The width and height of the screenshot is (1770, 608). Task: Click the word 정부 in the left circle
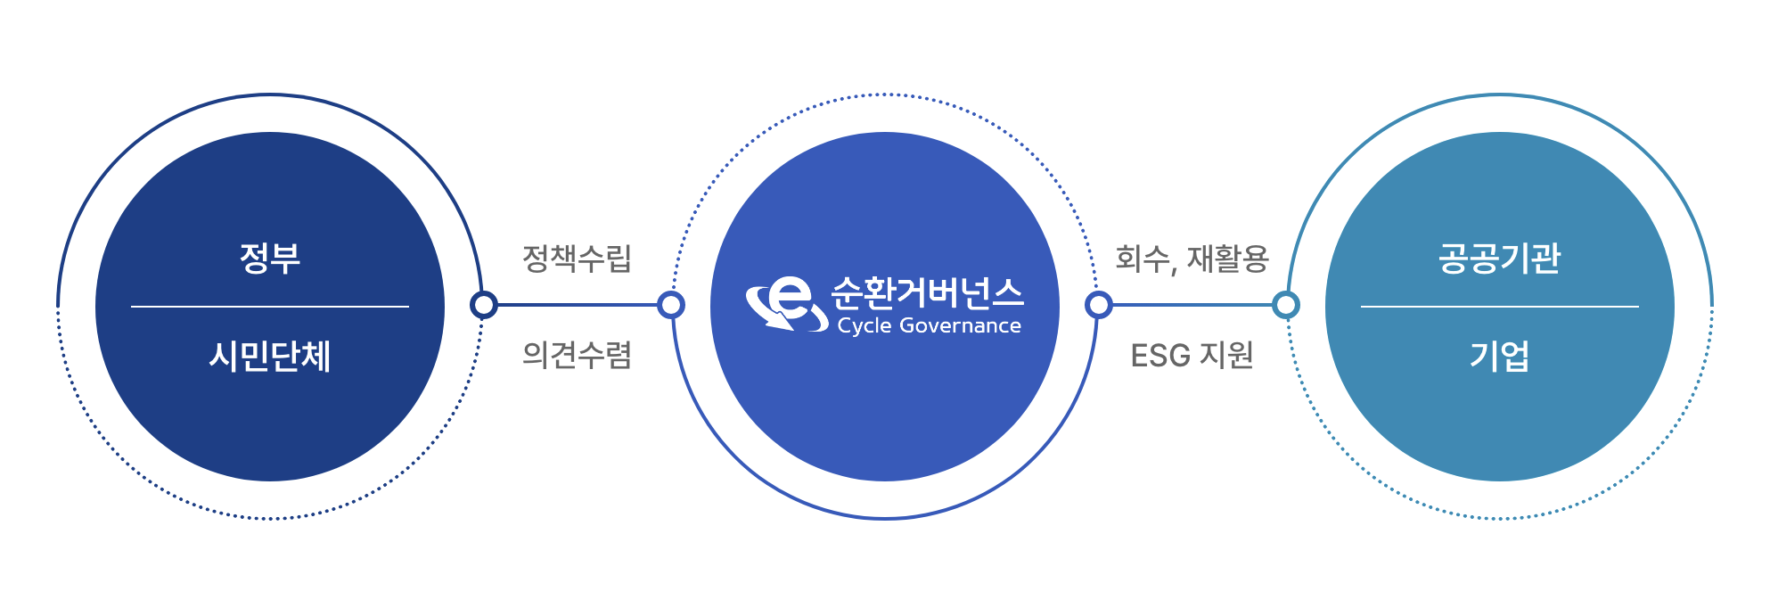[269, 259]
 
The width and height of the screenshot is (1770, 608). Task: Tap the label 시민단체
[269, 357]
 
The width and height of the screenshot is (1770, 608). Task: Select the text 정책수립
[577, 259]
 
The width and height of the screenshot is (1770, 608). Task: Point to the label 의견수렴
[577, 355]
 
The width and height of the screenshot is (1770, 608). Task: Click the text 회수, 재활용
[1192, 259]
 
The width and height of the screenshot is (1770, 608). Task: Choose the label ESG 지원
[1192, 356]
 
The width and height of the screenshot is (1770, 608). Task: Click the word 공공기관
[1499, 259]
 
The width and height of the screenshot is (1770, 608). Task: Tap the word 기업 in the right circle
[1499, 357]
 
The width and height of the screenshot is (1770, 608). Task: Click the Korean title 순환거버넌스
[927, 292]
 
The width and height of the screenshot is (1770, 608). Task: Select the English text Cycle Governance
[929, 326]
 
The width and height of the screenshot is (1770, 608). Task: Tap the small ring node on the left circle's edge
[484, 306]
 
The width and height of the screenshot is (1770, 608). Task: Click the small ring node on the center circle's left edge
[671, 306]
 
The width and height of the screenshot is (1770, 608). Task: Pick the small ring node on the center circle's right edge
[1099, 306]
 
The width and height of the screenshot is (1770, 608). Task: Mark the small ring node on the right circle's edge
[1286, 306]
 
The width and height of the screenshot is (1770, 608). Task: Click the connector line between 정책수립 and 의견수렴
[577, 306]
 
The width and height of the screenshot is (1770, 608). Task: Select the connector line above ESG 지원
[1192, 306]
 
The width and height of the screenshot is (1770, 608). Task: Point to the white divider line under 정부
[269, 307]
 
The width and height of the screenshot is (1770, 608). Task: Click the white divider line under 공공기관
[1499, 307]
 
